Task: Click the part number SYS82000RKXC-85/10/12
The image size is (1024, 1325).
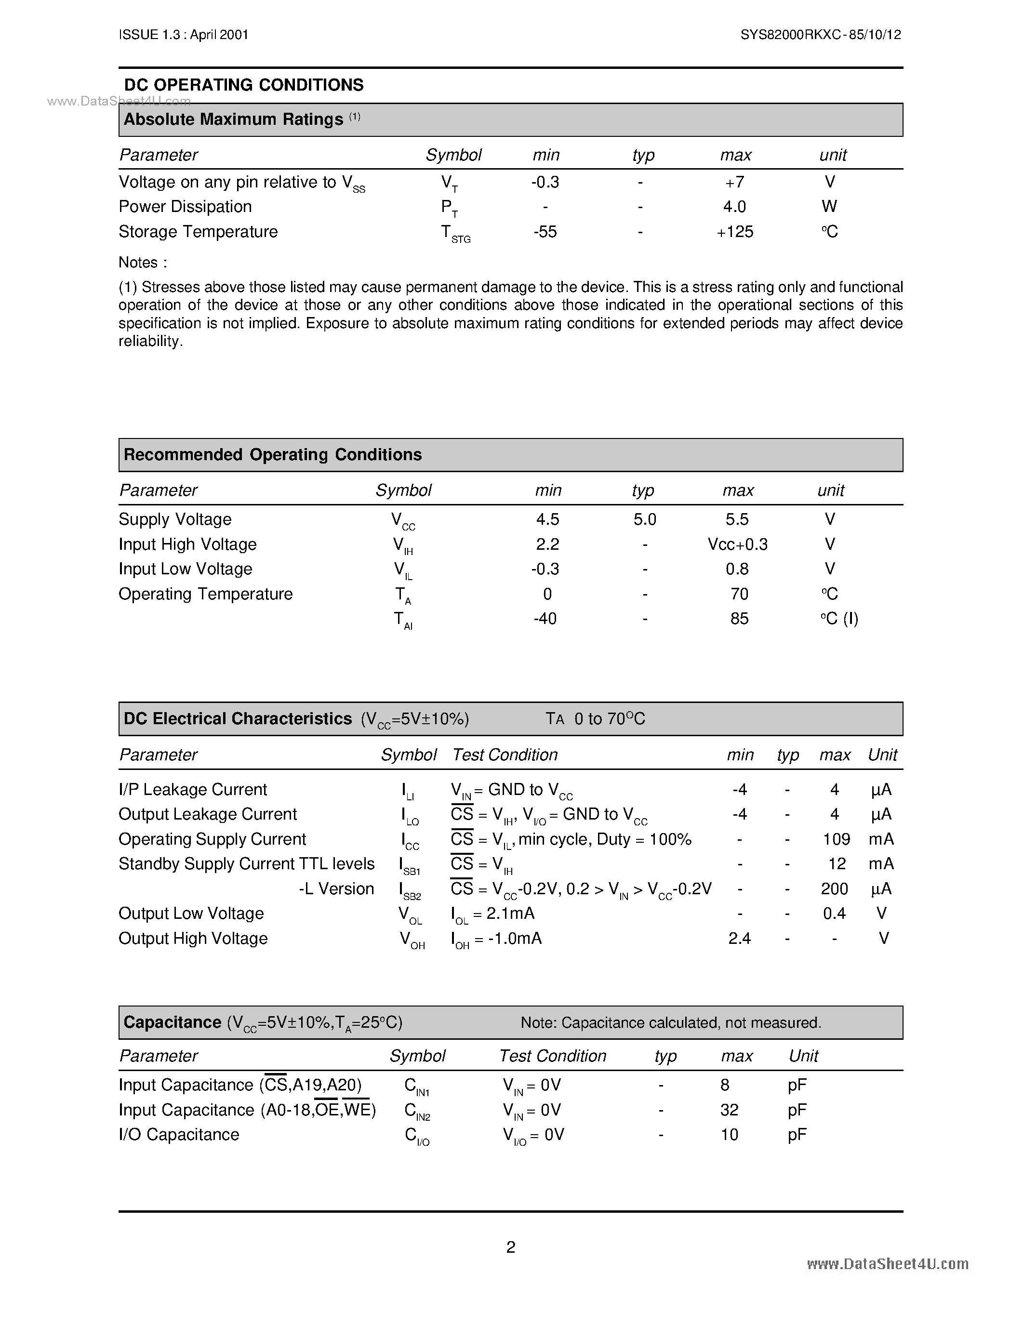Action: point(820,35)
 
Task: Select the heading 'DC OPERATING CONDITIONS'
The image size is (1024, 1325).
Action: point(243,85)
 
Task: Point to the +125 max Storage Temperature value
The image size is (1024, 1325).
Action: point(735,232)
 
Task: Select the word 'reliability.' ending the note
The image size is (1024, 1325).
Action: point(150,342)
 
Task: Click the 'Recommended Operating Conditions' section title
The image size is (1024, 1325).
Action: point(272,455)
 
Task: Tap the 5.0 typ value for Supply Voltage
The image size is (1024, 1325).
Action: point(644,519)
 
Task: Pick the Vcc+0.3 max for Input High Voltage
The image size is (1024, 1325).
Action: point(737,544)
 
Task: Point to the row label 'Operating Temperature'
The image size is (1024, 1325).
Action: point(205,594)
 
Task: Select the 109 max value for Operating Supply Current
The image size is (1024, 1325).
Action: point(836,839)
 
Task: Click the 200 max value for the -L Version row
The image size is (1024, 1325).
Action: point(834,889)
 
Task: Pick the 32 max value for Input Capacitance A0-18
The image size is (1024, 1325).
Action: point(729,1110)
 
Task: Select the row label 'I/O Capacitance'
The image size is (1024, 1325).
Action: point(179,1135)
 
